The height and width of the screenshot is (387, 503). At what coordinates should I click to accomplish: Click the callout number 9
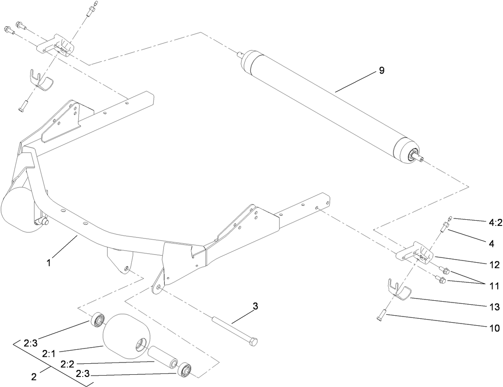pyautogui.click(x=382, y=70)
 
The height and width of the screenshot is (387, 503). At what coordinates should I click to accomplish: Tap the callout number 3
pyautogui.click(x=255, y=306)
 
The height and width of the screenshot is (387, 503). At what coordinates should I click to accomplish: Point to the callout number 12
pyautogui.click(x=495, y=264)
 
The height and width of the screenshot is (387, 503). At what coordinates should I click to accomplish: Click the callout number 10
pyautogui.click(x=495, y=328)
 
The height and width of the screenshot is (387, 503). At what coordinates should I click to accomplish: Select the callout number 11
pyautogui.click(x=495, y=286)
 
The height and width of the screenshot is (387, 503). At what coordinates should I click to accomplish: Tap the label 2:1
pyautogui.click(x=49, y=353)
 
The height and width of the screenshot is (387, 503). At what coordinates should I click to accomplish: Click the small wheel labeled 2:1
pyautogui.click(x=126, y=336)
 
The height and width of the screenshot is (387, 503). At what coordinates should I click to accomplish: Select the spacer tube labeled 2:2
pyautogui.click(x=162, y=355)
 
